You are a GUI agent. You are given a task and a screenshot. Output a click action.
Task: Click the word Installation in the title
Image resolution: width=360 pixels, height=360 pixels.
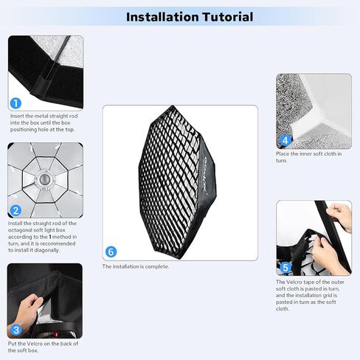(162, 17)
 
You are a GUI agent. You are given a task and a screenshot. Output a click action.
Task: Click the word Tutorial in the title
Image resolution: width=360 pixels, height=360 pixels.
(228, 17)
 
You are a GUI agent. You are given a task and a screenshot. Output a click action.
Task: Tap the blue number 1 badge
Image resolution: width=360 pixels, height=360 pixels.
(15, 103)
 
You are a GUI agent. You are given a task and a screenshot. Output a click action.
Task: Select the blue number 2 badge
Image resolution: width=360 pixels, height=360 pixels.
(15, 211)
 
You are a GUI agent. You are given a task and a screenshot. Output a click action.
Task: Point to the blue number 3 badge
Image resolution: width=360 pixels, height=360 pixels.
(16, 330)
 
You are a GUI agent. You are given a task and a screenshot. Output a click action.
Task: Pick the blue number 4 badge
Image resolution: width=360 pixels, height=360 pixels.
(285, 140)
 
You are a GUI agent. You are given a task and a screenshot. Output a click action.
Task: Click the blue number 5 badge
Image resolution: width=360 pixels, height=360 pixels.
(285, 267)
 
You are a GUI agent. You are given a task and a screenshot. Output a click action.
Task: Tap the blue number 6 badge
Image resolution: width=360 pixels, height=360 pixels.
(111, 252)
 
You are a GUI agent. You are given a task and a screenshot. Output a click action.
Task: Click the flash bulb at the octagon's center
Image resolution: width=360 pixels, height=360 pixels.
(44, 178)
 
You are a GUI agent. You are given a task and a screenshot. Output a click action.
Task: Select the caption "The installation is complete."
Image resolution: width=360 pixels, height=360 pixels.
(136, 266)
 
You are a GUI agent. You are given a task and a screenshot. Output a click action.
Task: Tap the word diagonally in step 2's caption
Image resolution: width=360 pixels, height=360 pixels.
(46, 250)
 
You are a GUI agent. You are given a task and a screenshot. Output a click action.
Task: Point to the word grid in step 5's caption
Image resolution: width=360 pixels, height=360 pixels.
(328, 296)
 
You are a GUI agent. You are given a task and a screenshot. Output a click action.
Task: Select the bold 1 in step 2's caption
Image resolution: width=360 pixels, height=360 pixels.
(50, 237)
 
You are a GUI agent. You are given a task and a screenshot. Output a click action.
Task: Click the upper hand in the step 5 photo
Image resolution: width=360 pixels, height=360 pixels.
(340, 216)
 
